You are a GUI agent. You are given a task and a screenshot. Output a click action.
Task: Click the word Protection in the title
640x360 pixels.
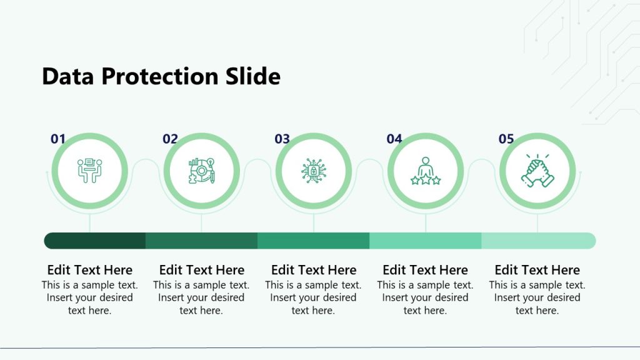159,76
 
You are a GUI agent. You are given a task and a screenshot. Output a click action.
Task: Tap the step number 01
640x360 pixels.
58,139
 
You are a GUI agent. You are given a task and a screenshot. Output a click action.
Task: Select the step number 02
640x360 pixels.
170,139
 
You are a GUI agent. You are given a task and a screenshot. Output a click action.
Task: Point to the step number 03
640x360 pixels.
282,139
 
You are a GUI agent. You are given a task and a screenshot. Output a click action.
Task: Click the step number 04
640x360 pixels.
394,139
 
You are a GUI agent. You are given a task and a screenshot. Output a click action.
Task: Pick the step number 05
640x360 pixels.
506,139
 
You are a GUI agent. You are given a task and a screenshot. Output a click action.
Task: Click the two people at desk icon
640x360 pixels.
89,171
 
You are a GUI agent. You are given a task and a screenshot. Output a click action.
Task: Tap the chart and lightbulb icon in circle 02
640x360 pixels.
201,171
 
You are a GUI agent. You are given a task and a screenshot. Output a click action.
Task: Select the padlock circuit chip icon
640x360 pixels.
313,171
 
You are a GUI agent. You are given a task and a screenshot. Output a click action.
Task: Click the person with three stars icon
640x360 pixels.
426,171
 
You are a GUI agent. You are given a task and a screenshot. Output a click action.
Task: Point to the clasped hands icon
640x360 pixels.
537,171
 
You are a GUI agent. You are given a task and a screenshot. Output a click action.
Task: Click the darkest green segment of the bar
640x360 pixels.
95,241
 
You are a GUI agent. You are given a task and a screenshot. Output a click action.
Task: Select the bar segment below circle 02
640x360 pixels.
201,241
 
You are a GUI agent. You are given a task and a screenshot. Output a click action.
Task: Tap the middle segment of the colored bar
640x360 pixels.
313,241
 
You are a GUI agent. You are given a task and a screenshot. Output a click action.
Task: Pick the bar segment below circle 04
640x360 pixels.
426,241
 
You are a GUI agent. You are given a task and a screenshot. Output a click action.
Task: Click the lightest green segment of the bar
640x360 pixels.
537,241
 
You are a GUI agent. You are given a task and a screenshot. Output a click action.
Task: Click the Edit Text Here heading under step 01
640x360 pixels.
89,270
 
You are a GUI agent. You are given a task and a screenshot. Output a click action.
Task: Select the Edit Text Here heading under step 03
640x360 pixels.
314,270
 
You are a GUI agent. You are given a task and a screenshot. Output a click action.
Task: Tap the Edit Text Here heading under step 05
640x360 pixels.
537,270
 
